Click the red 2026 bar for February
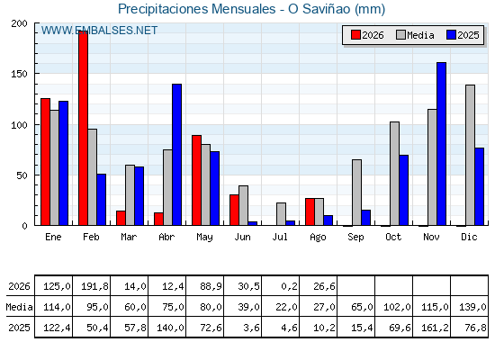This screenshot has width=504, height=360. [83, 128]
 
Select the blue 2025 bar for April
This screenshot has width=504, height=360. [176, 155]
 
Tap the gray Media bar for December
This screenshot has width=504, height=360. [470, 155]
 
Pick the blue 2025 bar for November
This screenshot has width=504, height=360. [441, 144]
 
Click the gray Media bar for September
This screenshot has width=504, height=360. [356, 193]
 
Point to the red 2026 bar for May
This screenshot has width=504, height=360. [197, 180]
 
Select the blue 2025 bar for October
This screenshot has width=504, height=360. [404, 190]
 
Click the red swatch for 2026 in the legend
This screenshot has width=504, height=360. [355, 35]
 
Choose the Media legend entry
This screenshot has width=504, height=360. [415, 35]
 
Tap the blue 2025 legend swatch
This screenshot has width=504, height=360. [451, 35]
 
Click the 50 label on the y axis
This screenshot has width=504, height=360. [22, 175]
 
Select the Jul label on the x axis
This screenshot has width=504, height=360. [280, 237]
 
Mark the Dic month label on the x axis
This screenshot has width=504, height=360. [469, 237]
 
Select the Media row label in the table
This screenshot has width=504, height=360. [19, 307]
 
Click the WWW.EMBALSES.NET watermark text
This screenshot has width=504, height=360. [99, 31]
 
